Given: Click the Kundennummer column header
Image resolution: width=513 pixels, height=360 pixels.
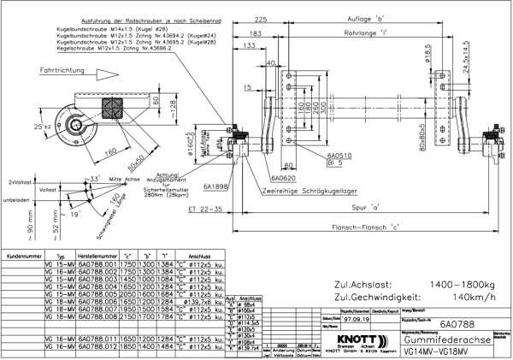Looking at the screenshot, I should [23, 256].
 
